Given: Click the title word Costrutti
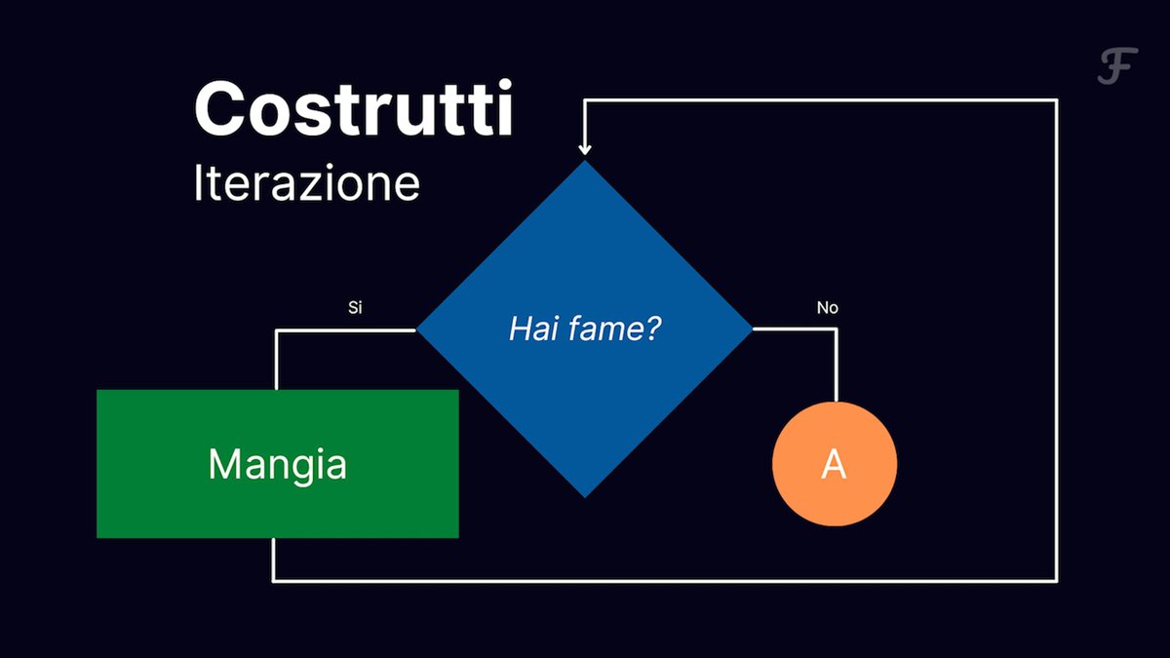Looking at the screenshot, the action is pyautogui.click(x=354, y=108).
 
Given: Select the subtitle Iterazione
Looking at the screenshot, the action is pyautogui.click(x=306, y=182).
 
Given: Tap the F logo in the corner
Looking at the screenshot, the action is pyautogui.click(x=1117, y=66).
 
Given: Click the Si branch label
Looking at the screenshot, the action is pyautogui.click(x=355, y=308).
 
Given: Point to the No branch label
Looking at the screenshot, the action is pyautogui.click(x=828, y=308).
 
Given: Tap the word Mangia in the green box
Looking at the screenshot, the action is pyautogui.click(x=277, y=465).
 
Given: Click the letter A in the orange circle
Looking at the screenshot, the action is pyautogui.click(x=834, y=464).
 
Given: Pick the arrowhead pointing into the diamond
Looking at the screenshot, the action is pyautogui.click(x=585, y=149).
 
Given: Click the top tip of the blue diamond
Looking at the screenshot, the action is pyautogui.click(x=585, y=160).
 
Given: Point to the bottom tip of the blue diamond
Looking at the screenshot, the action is pyautogui.click(x=585, y=498).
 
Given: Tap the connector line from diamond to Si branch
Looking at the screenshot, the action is pyautogui.click(x=346, y=330).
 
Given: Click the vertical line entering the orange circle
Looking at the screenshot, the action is pyautogui.click(x=837, y=366).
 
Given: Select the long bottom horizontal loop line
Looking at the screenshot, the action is pyautogui.click(x=665, y=580).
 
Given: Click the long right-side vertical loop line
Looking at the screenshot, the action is pyautogui.click(x=1056, y=339).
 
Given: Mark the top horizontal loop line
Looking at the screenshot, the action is pyautogui.click(x=821, y=100).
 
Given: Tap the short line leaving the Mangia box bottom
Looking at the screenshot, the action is pyautogui.click(x=273, y=559).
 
